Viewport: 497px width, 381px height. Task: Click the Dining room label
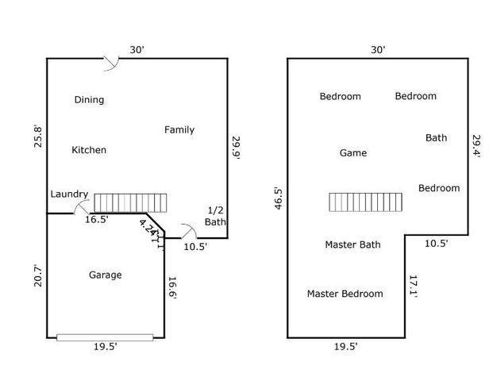89,100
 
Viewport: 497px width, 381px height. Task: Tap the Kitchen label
89,150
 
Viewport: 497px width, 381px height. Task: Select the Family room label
179,130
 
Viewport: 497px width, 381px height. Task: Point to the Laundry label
69,194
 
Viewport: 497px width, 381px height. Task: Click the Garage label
105,275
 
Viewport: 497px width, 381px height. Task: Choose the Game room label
353,153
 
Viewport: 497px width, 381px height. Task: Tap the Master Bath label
353,244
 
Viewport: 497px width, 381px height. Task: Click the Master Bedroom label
345,294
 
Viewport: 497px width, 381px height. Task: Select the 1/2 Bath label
215,216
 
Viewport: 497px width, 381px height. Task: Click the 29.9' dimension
236,148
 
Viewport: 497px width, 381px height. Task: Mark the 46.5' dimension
278,198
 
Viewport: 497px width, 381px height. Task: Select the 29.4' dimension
477,147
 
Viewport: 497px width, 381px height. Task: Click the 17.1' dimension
414,287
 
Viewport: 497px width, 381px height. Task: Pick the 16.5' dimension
98,220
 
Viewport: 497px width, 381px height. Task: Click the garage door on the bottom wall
105,337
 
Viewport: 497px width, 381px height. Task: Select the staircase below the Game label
365,202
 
